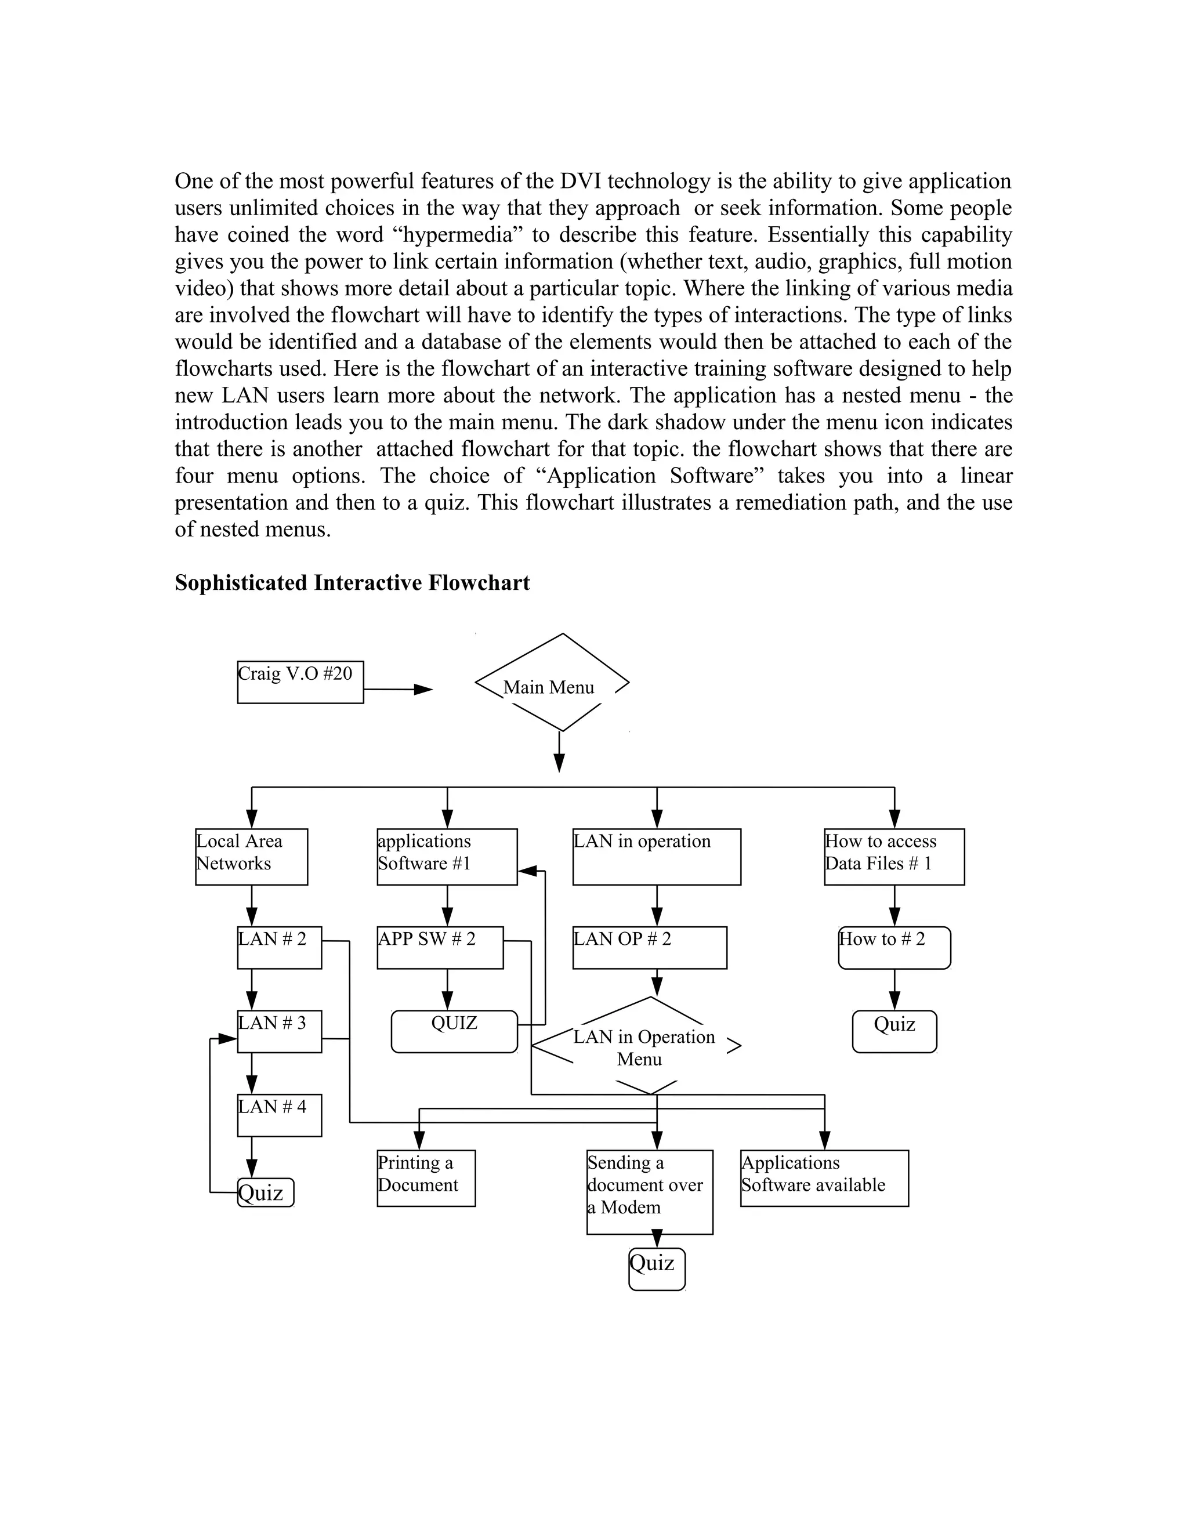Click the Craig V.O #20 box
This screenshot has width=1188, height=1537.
300,681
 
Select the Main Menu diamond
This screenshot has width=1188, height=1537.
551,683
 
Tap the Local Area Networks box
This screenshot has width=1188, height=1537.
251,857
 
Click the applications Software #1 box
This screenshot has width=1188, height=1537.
447,857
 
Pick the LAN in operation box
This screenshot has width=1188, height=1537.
656,857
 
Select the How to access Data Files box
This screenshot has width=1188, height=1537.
894,857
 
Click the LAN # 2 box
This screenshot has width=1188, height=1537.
280,947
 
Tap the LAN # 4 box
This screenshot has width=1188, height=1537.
280,1115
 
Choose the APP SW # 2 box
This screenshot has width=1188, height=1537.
440,947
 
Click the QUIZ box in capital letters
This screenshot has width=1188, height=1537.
454,1031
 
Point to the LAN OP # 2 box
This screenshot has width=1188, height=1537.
649,947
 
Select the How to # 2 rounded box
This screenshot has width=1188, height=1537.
894,947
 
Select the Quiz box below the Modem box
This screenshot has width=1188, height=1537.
656,1269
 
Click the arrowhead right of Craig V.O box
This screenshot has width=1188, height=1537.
423,690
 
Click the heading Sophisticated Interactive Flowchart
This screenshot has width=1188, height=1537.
352,583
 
